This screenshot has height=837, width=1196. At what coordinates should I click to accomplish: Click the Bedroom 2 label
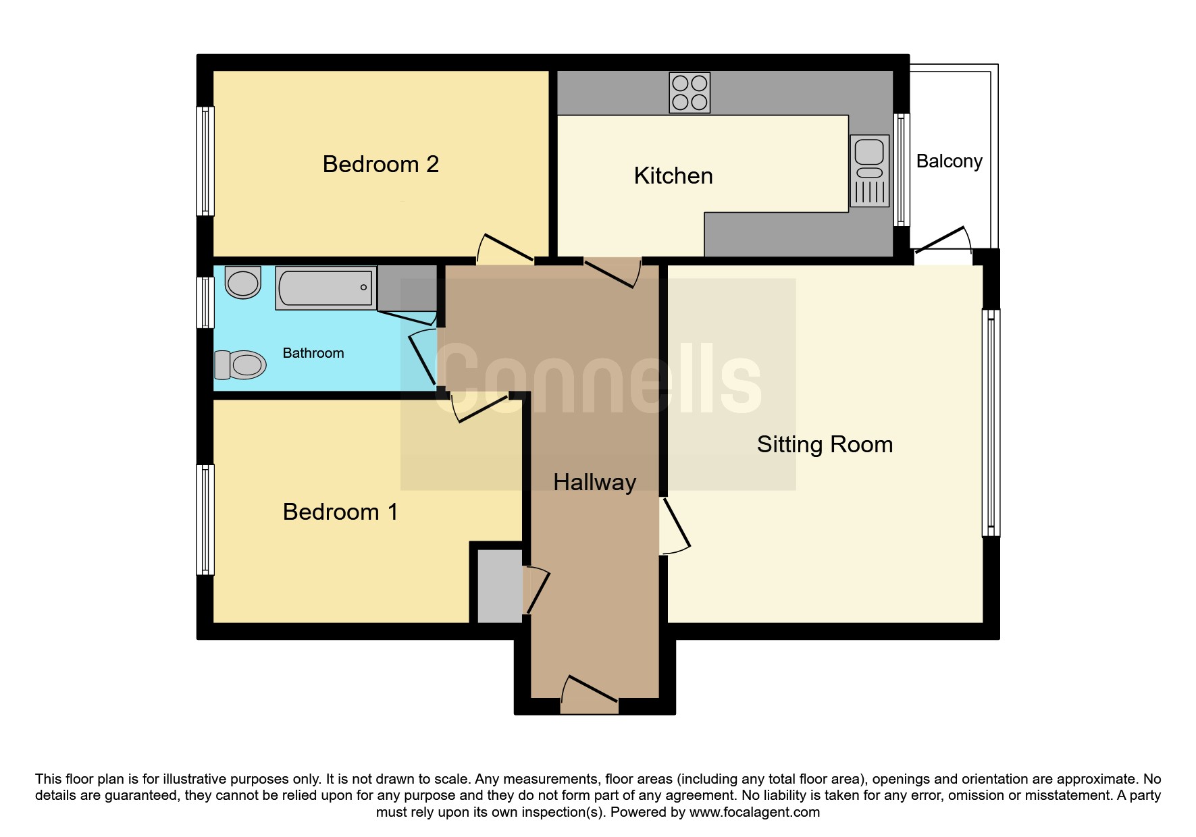click(381, 164)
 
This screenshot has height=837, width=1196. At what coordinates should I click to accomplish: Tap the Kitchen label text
click(673, 175)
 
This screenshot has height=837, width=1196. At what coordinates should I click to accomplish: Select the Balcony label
click(949, 161)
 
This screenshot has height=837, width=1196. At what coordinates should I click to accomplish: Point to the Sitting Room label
click(825, 444)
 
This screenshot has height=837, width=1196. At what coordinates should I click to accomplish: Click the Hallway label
click(594, 482)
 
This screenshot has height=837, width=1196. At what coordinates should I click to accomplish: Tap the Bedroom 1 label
click(340, 512)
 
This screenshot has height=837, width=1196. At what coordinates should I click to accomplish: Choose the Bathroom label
click(313, 353)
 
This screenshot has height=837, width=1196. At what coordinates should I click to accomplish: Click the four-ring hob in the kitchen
click(690, 92)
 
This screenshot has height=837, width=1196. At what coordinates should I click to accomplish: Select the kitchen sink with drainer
click(870, 171)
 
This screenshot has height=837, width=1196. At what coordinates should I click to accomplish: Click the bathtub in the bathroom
click(326, 288)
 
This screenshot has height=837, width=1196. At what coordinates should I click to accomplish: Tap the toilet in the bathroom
click(240, 365)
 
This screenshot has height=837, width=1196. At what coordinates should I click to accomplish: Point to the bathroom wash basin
click(243, 282)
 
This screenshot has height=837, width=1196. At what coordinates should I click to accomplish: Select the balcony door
click(942, 240)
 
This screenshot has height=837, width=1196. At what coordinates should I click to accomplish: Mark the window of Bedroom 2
click(205, 161)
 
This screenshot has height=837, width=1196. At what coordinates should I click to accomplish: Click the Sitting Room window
click(991, 423)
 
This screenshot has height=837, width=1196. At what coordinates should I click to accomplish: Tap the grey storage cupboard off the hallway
click(500, 586)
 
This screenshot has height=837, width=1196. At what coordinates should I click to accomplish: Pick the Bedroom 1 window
click(205, 520)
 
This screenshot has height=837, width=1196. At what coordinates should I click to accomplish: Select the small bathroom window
click(205, 303)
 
